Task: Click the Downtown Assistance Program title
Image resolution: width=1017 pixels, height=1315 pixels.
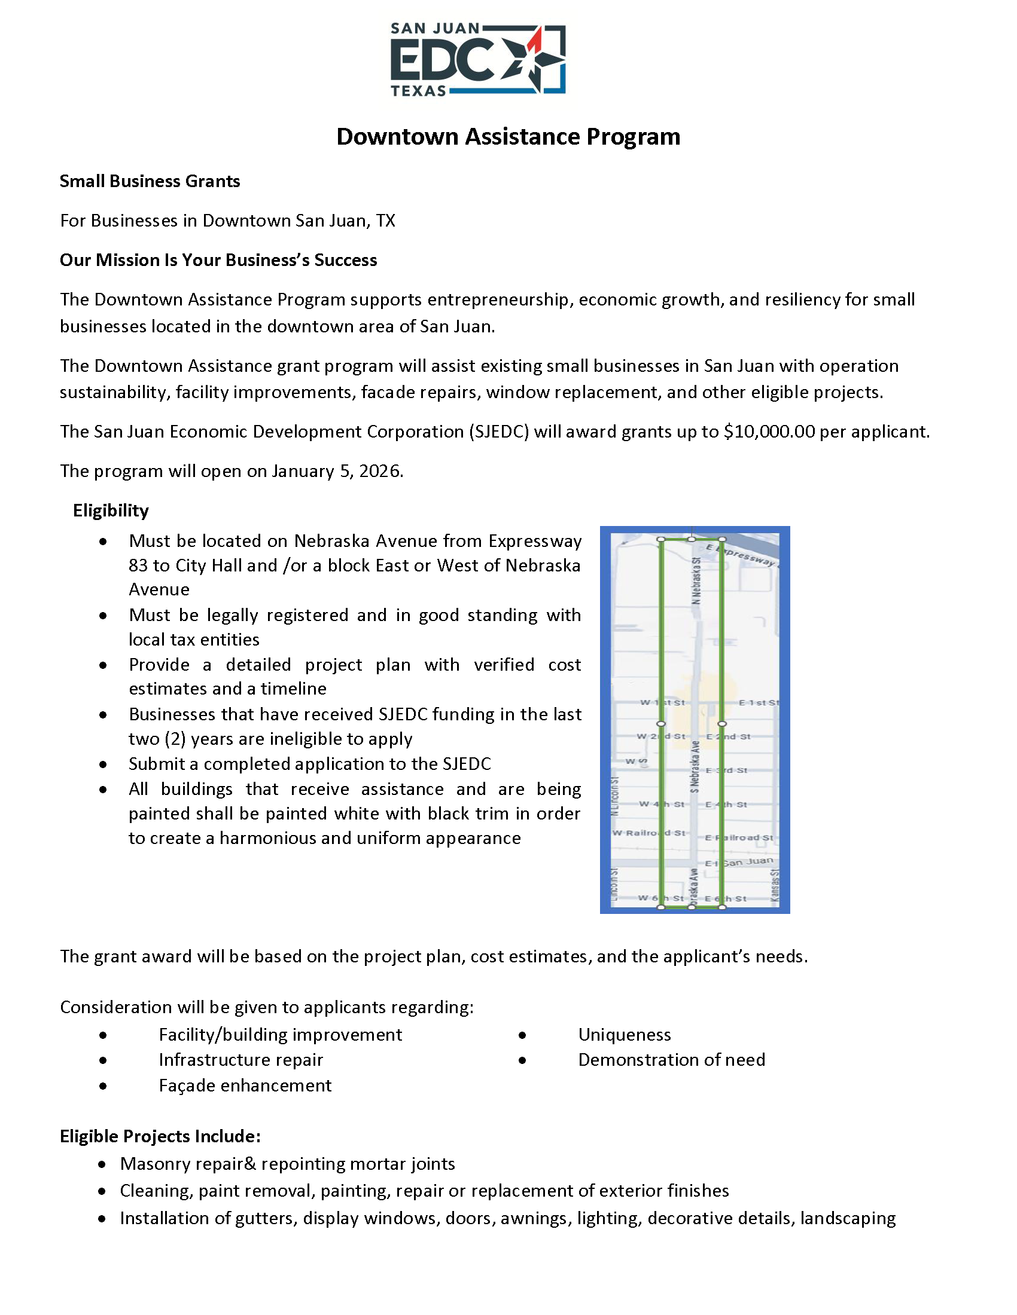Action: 508,137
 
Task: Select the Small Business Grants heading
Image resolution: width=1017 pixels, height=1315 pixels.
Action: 150,181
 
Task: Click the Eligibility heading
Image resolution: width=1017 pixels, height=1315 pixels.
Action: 111,510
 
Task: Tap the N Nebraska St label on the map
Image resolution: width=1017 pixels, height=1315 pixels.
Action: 696,580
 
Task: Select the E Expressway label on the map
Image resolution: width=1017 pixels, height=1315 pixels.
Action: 741,555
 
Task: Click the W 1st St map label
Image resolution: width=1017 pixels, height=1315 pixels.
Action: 662,702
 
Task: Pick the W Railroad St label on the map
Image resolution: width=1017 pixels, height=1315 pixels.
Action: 649,833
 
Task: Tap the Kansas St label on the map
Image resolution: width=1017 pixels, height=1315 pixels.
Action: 775,885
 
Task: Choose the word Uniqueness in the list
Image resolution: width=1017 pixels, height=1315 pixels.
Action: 624,1035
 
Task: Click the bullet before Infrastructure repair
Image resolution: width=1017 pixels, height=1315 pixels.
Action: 103,1060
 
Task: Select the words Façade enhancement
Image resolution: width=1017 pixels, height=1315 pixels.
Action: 245,1085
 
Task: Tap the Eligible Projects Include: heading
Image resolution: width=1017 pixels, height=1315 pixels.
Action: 160,1136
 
